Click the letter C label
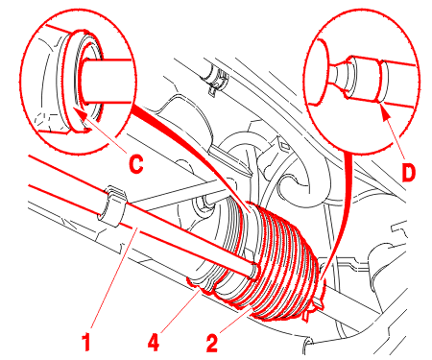[x=136, y=164]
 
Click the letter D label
[x=408, y=173]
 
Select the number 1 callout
[x=85, y=342]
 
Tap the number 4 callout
[x=154, y=343]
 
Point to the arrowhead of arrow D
[x=384, y=110]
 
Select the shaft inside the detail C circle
[x=106, y=82]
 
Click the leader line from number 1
[x=113, y=276]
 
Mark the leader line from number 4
[x=180, y=310]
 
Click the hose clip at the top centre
[x=215, y=80]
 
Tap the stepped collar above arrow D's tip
[x=382, y=81]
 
